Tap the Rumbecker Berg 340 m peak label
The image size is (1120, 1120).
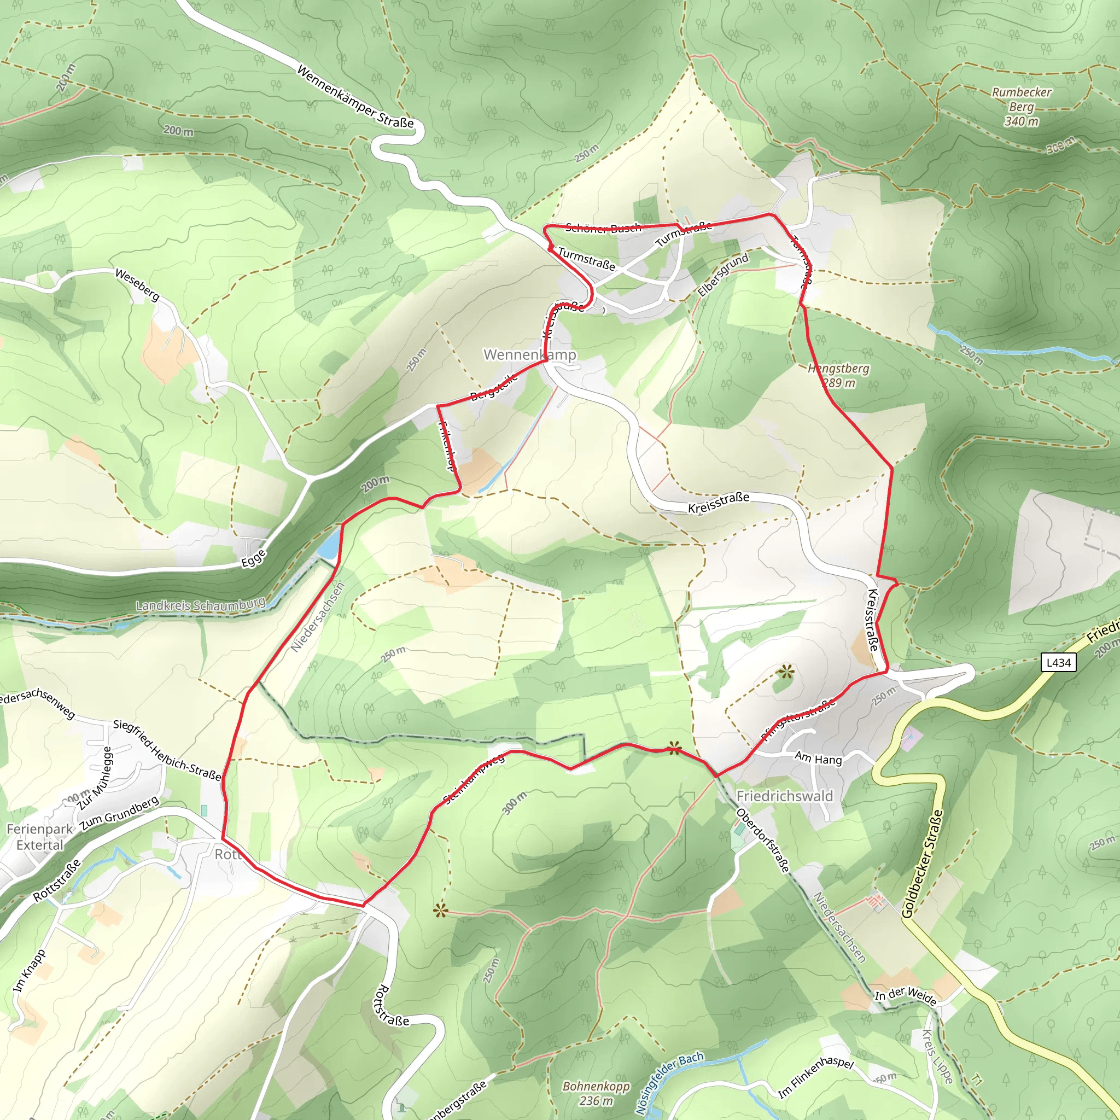point(1022,107)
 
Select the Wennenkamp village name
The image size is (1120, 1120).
point(529,355)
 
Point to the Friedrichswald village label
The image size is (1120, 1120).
point(784,796)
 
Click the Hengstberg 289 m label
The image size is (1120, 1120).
point(838,376)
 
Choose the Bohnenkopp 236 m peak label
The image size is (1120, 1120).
point(596,1092)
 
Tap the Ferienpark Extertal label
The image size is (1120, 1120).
point(39,837)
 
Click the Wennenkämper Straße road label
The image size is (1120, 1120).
point(355,96)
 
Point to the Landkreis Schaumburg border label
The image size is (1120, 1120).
point(201,605)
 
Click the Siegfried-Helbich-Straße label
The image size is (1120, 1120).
point(167,750)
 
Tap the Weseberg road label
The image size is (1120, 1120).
point(137,284)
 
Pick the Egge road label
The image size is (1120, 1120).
point(254,558)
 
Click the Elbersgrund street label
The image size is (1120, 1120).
point(723,274)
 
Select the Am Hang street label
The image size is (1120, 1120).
point(818,759)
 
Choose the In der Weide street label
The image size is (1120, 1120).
point(905,995)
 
